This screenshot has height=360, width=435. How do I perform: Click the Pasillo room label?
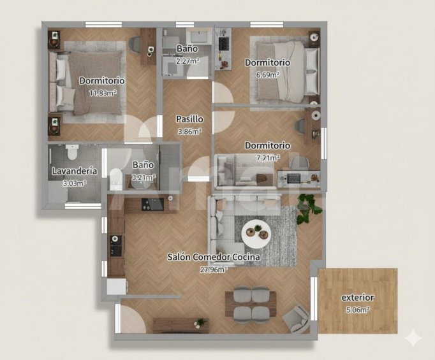point(189,119)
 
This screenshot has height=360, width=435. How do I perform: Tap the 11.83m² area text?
point(103,93)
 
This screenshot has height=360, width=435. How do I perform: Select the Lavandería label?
point(75,171)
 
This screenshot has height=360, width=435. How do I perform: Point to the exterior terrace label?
point(358,298)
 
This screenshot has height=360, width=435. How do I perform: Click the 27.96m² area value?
point(214,270)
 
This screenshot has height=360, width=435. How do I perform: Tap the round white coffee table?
point(256,234)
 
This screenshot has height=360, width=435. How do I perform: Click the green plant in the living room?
point(309,208)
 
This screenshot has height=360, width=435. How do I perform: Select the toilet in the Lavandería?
point(72,152)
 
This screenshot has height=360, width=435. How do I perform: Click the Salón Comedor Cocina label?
point(213,257)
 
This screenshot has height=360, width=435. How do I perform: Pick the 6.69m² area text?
point(267,75)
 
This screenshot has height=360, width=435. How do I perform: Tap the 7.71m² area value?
point(268,158)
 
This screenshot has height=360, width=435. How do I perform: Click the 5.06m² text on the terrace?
point(358,310)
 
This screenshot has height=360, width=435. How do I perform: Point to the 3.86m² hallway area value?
point(189,131)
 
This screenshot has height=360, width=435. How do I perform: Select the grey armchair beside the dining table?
point(297,319)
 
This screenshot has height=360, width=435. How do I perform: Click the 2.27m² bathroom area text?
point(188,61)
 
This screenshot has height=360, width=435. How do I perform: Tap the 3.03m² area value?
point(75,184)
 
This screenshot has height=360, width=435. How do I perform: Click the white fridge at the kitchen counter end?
point(117,286)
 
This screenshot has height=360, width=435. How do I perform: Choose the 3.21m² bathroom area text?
point(143,177)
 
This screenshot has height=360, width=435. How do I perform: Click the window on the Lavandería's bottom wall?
point(83,206)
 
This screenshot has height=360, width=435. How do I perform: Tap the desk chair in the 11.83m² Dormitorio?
point(135,45)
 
